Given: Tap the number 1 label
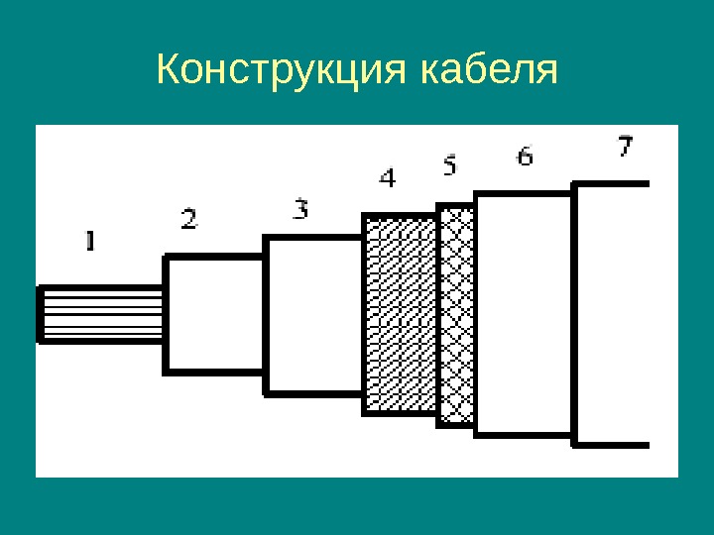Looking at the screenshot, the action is (90, 240).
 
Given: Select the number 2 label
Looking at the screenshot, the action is (188, 219).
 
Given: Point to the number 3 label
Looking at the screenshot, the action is (300, 208).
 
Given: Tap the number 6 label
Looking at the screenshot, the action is (525, 156).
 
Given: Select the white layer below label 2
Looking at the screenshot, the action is (213, 314).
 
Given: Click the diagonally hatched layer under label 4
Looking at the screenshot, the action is (401, 314).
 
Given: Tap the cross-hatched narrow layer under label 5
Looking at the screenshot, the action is (456, 315).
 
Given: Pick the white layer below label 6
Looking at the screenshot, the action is (525, 314).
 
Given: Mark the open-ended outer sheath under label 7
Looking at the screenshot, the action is (613, 314).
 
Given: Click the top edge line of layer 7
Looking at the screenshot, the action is (613, 184).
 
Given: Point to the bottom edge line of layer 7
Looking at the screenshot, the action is (613, 445).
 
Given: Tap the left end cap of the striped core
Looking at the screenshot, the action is (39, 314).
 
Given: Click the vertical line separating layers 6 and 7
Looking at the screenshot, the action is (575, 314).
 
